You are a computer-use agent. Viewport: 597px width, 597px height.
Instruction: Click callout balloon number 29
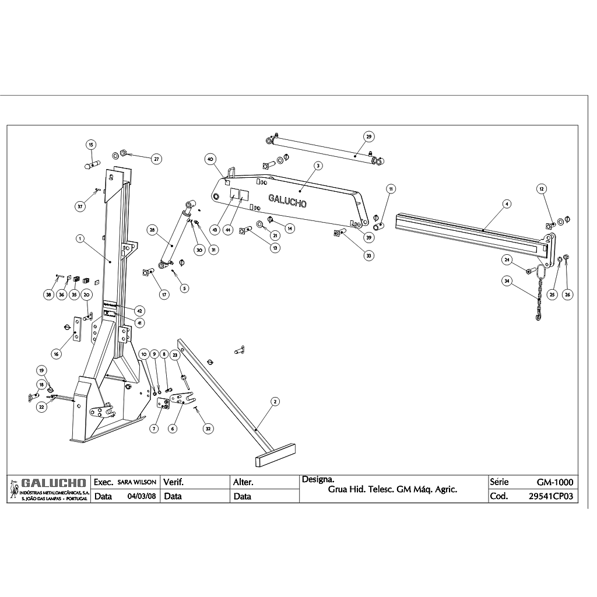click(x=368, y=136)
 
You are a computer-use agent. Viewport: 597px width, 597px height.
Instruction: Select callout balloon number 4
click(x=507, y=204)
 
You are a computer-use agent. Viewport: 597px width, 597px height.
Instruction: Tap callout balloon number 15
click(x=91, y=144)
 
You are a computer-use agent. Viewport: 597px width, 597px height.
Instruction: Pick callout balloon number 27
click(x=156, y=159)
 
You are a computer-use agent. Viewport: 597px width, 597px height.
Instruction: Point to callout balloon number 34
click(x=507, y=281)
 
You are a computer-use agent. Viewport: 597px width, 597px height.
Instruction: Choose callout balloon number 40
click(x=210, y=159)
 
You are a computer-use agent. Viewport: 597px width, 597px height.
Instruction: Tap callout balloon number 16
click(x=57, y=353)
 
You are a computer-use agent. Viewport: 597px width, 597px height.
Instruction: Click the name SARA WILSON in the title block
click(x=136, y=483)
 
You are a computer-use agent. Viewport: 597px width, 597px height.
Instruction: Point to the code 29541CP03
click(x=551, y=497)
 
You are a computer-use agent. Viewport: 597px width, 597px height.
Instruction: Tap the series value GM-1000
click(x=555, y=483)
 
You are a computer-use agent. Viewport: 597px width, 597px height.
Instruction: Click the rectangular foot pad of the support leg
click(x=277, y=455)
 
